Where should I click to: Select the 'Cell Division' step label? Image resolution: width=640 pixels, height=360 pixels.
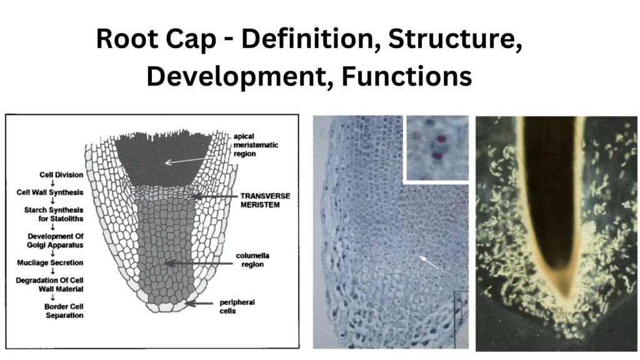coord(42,170)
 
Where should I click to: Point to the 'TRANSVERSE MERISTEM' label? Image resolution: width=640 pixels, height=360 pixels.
coord(266,200)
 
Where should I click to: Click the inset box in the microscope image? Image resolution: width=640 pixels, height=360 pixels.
coord(436,148)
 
